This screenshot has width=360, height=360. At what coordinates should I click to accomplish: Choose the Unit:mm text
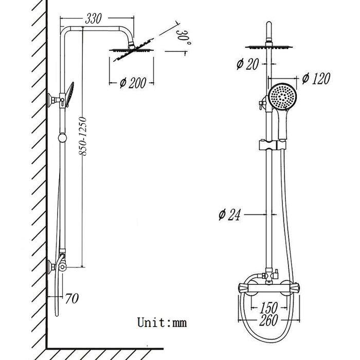click(161, 322)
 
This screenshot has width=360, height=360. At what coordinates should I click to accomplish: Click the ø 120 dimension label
click(314, 78)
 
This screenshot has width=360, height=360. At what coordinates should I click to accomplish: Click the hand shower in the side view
click(68, 95)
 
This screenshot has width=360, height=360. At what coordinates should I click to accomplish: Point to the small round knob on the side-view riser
click(62, 137)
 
